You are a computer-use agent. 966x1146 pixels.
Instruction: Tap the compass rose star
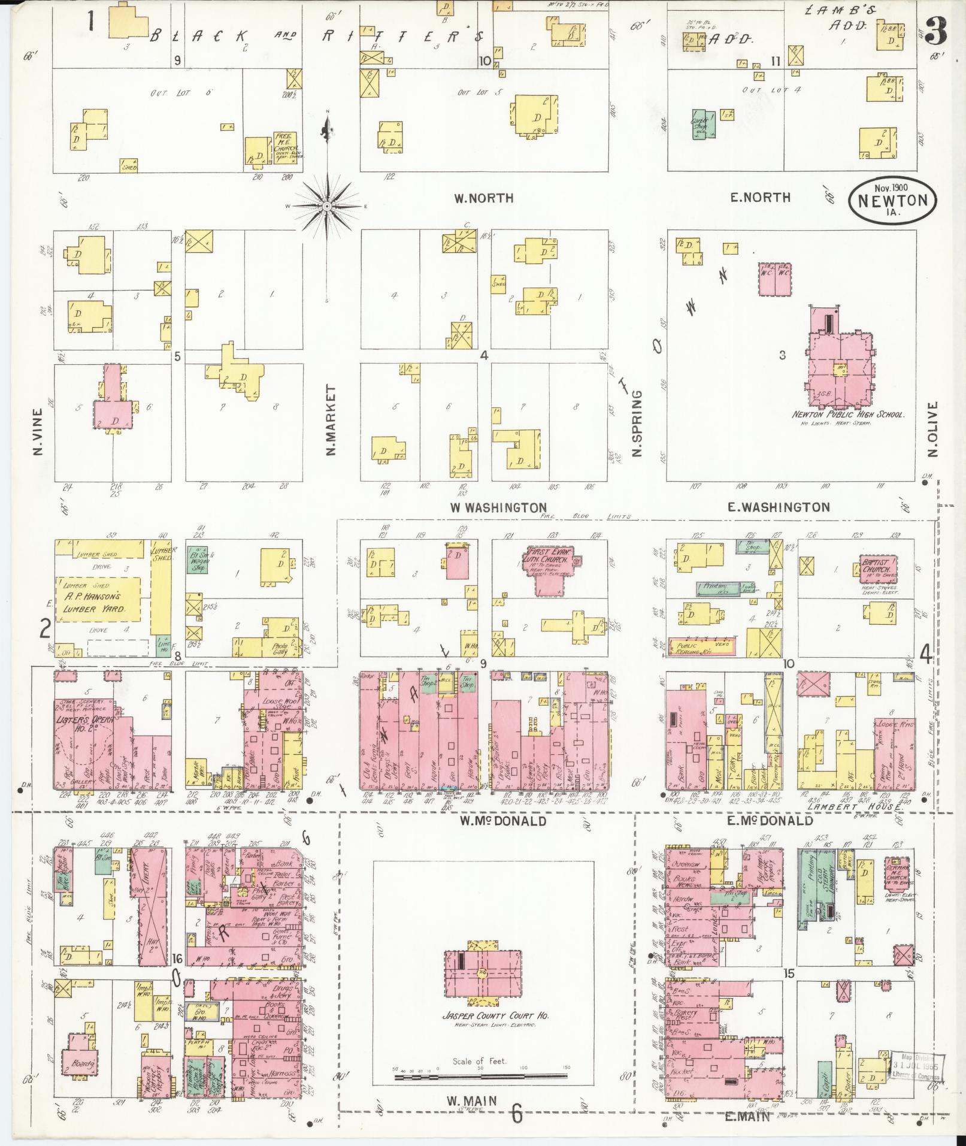click(x=327, y=205)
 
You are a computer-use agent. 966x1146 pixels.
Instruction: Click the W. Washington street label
click(x=498, y=507)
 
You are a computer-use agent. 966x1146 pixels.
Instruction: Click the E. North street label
click(x=760, y=197)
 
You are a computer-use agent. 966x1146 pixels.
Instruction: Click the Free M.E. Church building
click(x=286, y=147)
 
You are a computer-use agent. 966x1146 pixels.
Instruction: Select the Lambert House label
click(x=855, y=807)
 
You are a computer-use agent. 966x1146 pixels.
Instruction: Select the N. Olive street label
click(x=932, y=429)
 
